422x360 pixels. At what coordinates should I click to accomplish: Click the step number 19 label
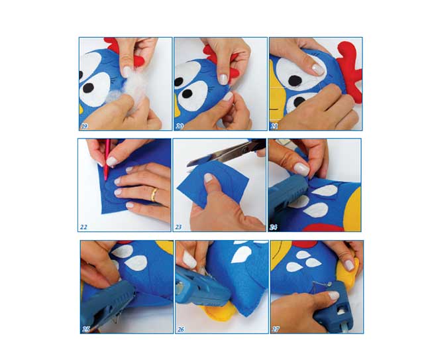85,126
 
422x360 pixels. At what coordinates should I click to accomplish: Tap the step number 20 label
180,126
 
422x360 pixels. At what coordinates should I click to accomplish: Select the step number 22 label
83,227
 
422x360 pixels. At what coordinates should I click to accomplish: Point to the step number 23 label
178,227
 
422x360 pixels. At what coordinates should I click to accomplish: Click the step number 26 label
181,329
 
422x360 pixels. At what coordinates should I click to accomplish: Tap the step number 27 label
276,329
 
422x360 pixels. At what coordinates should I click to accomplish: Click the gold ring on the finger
154,194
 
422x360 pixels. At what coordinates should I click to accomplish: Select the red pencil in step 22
107,159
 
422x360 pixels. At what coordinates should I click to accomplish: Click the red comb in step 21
349,72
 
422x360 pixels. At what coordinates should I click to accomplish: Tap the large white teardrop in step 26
241,255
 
